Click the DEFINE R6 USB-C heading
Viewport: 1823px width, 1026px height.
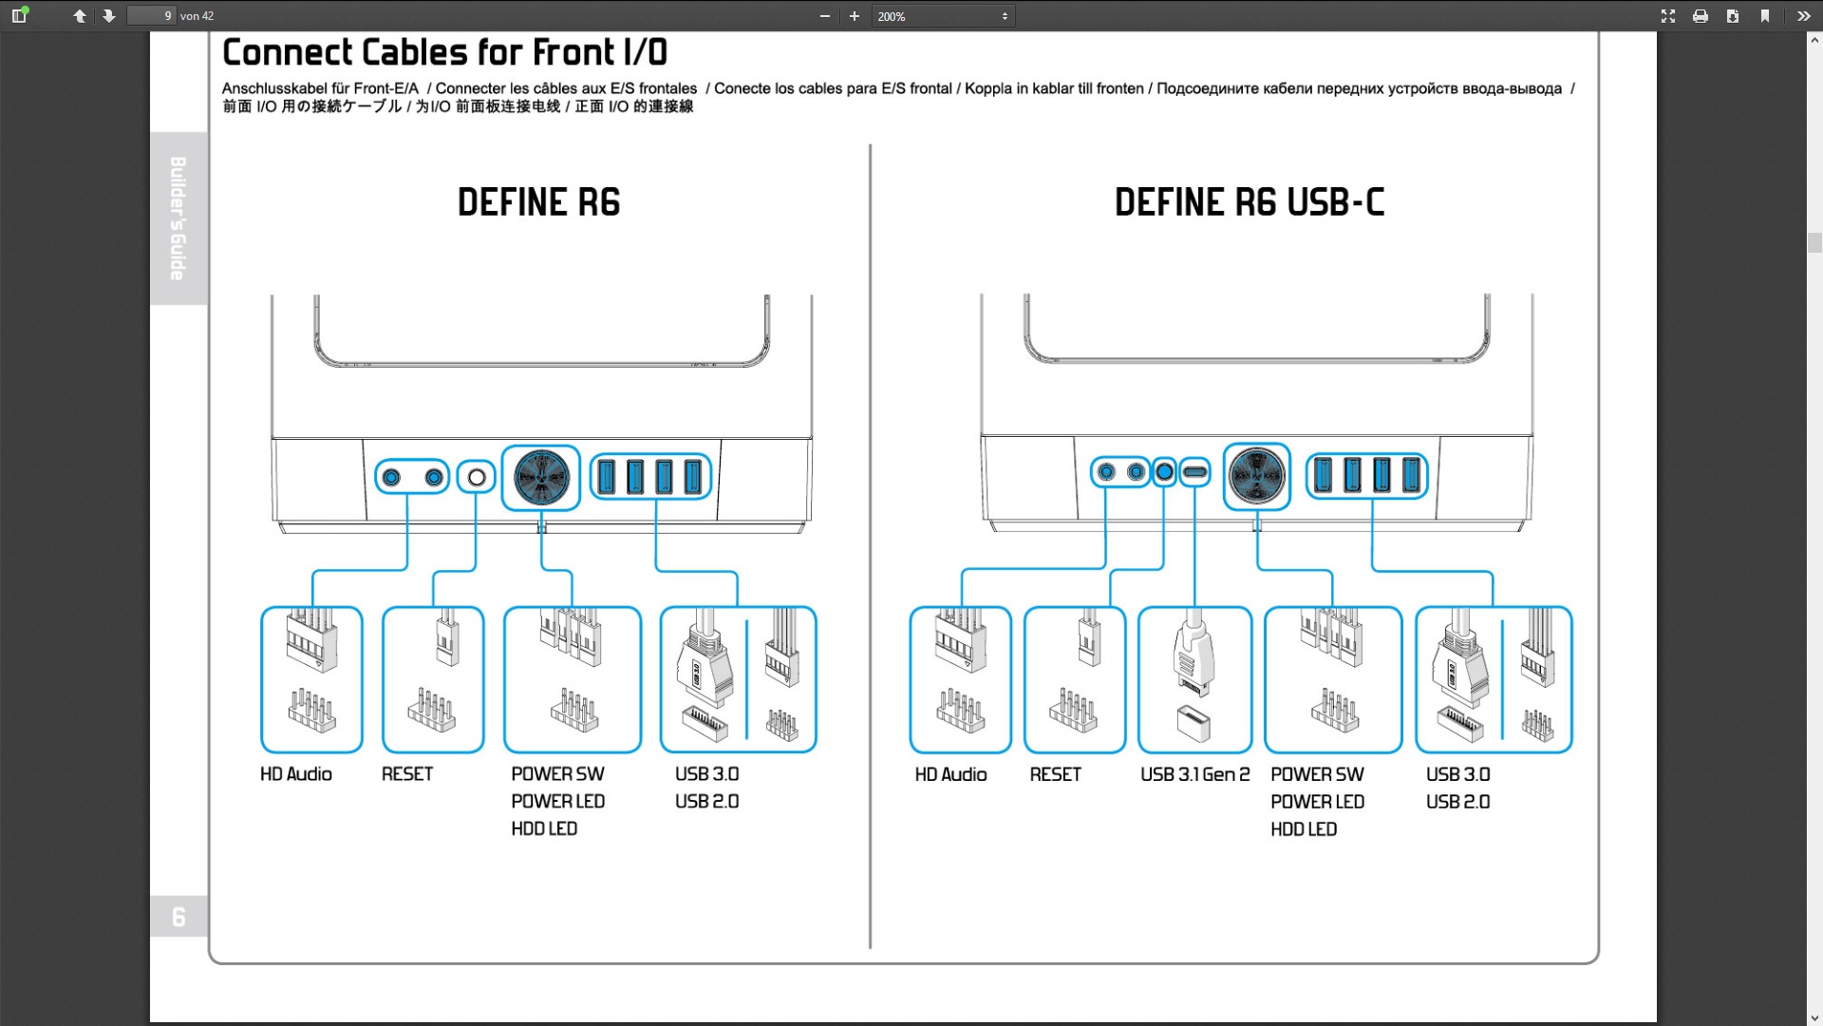[1249, 202]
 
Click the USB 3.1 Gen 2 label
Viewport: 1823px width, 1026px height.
[1195, 774]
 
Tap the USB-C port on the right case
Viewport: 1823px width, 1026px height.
[1194, 472]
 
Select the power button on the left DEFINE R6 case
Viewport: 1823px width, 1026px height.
[541, 477]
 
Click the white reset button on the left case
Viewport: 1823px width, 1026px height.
[477, 477]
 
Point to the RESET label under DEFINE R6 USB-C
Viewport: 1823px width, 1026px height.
[1055, 774]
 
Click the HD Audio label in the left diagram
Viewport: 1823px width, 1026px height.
[296, 774]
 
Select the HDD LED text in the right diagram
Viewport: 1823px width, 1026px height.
[1304, 829]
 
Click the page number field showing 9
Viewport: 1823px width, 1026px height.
[152, 15]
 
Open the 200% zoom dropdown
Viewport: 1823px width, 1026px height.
[943, 16]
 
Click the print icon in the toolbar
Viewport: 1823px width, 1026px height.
[1701, 16]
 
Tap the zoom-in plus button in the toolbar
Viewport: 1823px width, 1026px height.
[855, 16]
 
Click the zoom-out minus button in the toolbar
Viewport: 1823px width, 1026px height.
[825, 16]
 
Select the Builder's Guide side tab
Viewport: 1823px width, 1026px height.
[179, 218]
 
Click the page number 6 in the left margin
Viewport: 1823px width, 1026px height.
[179, 917]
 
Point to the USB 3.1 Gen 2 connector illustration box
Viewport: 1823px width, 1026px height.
[1194, 680]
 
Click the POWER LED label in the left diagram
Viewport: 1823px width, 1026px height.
[557, 802]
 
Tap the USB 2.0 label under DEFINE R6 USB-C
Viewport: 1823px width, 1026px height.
[1457, 802]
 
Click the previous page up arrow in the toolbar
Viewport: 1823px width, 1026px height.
[80, 16]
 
